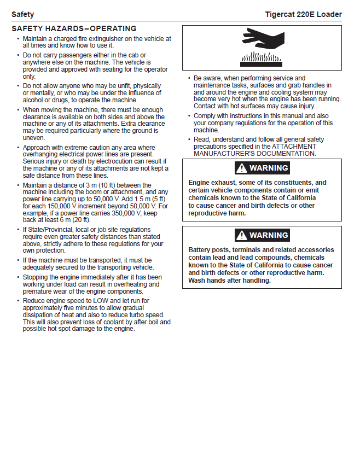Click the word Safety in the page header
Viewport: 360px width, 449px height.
[x=22, y=14]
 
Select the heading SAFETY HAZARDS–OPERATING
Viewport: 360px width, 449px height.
[x=74, y=28]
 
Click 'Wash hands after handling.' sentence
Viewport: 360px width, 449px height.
[x=229, y=281]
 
